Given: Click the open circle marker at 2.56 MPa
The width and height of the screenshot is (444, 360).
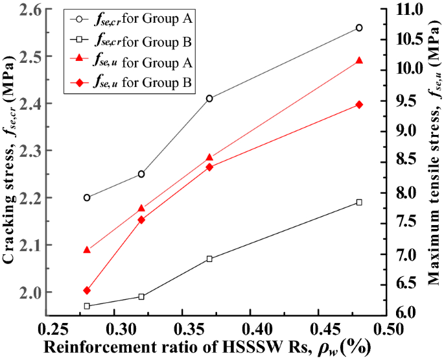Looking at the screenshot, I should [x=359, y=28].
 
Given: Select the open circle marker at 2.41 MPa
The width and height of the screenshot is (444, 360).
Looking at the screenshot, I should [x=209, y=99].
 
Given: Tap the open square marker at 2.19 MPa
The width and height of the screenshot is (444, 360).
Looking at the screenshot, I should [x=359, y=202].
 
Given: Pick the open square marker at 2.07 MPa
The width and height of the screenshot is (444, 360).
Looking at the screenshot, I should [x=209, y=259].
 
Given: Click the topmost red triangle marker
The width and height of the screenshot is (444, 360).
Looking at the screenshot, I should [x=359, y=60].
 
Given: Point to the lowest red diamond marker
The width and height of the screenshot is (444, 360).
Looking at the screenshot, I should [x=87, y=291].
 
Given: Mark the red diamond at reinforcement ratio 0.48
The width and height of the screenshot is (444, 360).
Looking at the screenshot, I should [x=359, y=104].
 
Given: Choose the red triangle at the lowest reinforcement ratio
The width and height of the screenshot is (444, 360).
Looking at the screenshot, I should [x=87, y=250].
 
